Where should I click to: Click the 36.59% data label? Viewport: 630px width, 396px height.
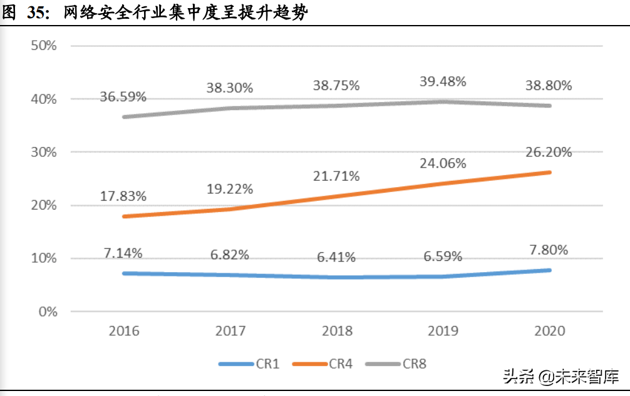point(123,97)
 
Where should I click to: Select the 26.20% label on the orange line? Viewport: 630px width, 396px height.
point(549,152)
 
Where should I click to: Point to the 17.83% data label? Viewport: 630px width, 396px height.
point(123,196)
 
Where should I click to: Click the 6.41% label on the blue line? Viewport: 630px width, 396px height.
point(336,257)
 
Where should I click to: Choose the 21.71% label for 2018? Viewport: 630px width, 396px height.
point(336,176)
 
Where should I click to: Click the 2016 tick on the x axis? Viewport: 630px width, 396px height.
point(124,331)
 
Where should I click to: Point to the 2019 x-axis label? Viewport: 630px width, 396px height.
point(443,331)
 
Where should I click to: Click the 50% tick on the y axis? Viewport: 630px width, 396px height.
point(44,46)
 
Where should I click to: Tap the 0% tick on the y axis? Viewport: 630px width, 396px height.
point(47,311)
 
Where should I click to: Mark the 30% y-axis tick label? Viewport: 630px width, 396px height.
point(44,152)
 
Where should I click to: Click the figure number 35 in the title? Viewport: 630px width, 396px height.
point(37,13)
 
